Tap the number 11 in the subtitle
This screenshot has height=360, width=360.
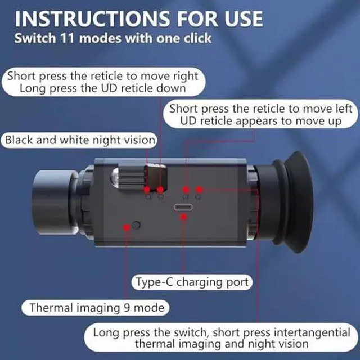click(x=67, y=38)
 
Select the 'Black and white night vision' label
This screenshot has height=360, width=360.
click(x=79, y=140)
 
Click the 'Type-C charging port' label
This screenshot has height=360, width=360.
click(x=192, y=282)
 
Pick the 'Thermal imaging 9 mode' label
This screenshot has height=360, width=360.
click(x=96, y=308)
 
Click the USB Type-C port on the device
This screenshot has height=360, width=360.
click(x=183, y=207)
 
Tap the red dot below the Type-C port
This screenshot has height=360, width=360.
click(x=184, y=217)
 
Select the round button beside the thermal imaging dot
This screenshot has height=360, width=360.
click(x=136, y=225)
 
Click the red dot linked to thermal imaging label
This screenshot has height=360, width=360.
click(x=127, y=227)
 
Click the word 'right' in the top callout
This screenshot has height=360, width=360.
click(x=186, y=76)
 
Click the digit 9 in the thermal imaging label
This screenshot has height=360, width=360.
click(x=127, y=308)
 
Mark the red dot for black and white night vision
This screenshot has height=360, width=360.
click(x=147, y=190)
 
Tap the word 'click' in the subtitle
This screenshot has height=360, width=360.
click(x=197, y=38)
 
